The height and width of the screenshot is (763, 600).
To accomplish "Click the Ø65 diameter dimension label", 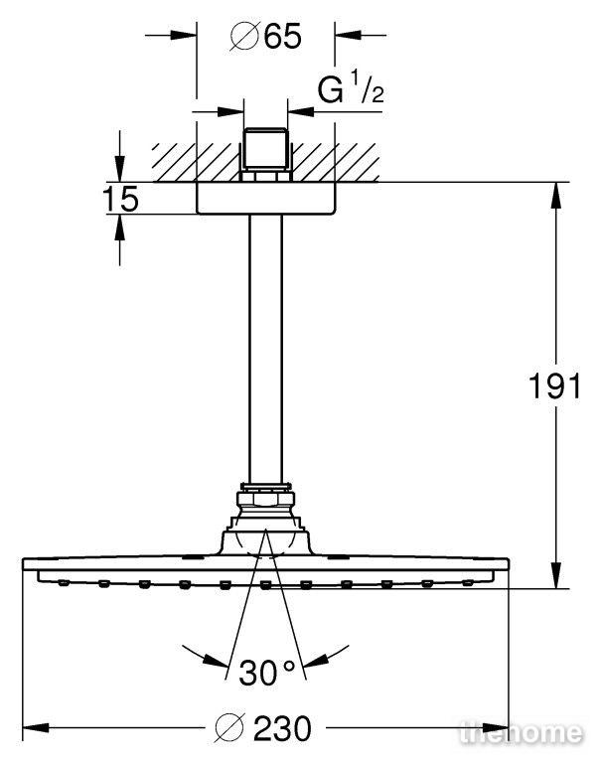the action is tap(265, 36).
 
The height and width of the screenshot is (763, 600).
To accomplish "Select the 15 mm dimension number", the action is tap(120, 199).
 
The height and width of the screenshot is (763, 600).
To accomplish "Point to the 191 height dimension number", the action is tap(554, 386).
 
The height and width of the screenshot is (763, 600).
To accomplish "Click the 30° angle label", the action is tap(266, 673).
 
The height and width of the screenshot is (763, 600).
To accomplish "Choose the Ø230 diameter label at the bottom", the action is tap(263, 728).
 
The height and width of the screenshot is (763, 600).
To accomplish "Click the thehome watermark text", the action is tap(521, 732).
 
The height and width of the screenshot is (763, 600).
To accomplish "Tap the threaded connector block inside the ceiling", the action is tap(265, 154).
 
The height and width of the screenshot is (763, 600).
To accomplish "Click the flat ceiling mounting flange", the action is tap(265, 198).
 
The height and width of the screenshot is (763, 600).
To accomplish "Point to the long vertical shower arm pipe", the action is tap(265, 349).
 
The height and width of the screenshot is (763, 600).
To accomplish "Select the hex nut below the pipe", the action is tap(265, 500).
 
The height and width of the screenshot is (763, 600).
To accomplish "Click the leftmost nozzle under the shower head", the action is tap(64, 582).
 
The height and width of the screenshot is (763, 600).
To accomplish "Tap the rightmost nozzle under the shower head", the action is tap(467, 582).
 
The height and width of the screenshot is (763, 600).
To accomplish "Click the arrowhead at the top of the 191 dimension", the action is tap(555, 194).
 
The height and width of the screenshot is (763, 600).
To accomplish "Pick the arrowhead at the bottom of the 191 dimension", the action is tap(555, 576).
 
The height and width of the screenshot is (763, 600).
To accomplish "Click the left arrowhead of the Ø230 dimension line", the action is tap(36, 728).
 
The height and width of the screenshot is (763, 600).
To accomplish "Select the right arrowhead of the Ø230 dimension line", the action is tap(497, 728).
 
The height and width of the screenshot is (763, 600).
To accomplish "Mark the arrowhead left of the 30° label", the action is tap(216, 660).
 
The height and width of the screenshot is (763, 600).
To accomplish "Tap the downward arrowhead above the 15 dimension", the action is tap(120, 170).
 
